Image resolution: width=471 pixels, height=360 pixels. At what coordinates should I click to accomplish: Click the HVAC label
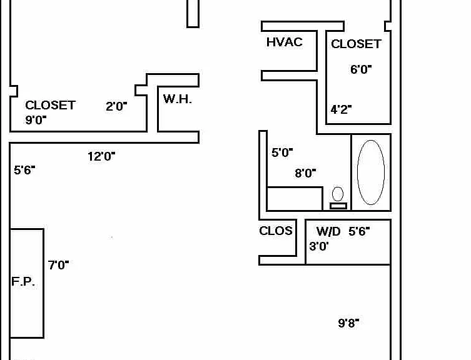click(x=284, y=42)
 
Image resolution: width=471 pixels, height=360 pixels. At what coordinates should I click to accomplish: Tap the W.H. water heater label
click(x=178, y=99)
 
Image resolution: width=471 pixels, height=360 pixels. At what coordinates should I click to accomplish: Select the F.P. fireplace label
click(x=23, y=281)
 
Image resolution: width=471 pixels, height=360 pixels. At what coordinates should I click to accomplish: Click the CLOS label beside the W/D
click(x=276, y=231)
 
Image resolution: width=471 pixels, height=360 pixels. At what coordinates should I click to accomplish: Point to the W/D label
click(x=328, y=231)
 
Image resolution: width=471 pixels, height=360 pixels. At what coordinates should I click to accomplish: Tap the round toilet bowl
click(x=338, y=194)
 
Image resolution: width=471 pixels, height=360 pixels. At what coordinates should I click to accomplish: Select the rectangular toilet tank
click(x=338, y=206)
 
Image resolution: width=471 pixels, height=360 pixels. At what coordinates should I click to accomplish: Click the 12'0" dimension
click(x=101, y=156)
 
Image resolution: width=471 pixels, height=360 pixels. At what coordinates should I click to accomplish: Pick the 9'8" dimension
click(x=348, y=323)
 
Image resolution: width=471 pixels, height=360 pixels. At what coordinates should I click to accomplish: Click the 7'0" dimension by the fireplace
click(x=58, y=265)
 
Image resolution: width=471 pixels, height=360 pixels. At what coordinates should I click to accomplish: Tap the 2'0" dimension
click(x=116, y=106)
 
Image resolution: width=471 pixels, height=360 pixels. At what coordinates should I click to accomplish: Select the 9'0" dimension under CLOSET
click(x=36, y=120)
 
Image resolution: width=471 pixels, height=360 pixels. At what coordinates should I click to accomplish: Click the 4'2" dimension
click(x=341, y=109)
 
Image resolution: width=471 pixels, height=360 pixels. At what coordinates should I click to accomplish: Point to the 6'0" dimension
click(x=361, y=69)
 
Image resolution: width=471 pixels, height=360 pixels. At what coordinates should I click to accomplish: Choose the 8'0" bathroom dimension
click(x=305, y=173)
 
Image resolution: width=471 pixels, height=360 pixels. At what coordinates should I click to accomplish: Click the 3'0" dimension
click(x=319, y=246)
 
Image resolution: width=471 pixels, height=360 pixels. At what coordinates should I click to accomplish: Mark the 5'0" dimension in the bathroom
click(x=282, y=152)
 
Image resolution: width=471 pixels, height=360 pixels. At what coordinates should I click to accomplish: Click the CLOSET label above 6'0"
click(x=357, y=44)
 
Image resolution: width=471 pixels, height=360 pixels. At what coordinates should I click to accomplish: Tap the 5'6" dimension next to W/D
click(x=359, y=231)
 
